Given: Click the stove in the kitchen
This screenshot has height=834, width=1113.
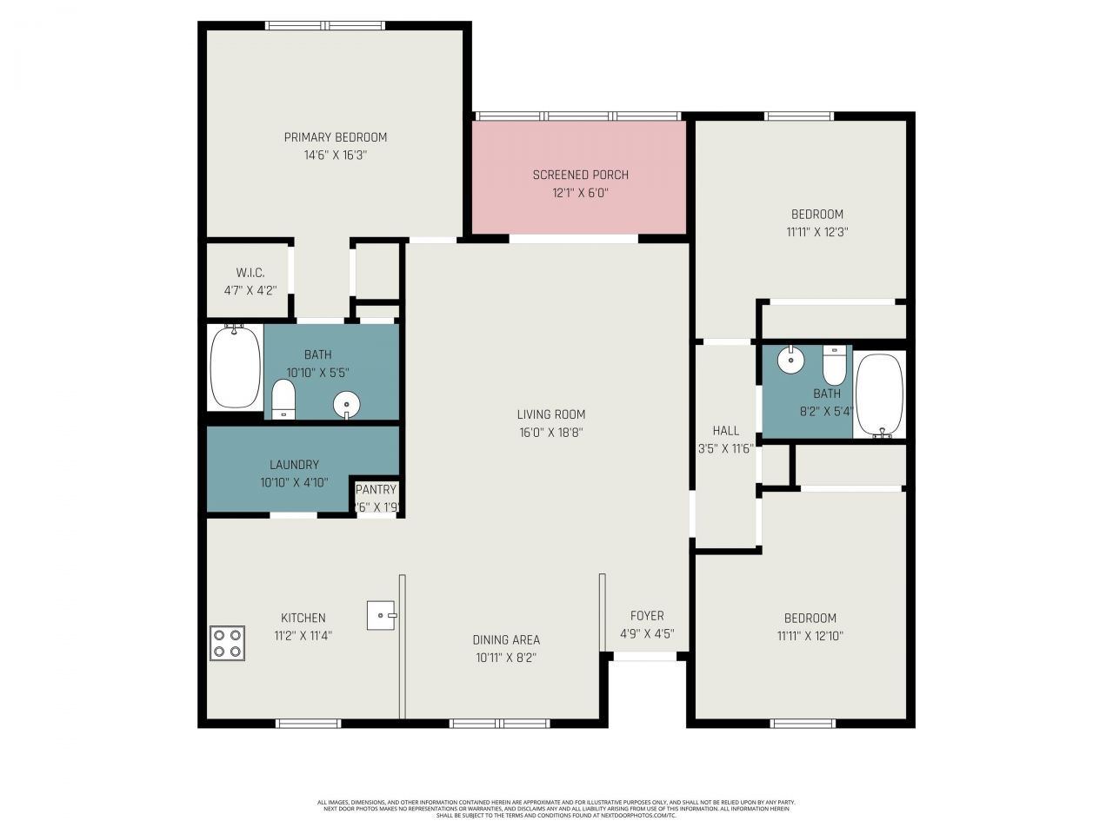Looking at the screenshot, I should pos(227,643).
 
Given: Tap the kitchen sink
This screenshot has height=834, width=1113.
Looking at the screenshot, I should pos(381,615).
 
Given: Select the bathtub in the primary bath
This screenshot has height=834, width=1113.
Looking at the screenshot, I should pos(236,367).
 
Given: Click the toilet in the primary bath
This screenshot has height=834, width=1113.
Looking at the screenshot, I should pos(283,400).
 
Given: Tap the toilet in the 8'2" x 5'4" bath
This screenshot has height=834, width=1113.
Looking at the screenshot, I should pos(834,366).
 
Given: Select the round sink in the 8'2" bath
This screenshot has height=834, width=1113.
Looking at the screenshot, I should pos(790,360).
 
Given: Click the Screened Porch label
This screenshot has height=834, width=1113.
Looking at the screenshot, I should pos(581,175).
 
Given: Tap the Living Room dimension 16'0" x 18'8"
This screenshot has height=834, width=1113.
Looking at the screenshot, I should pos(551,433).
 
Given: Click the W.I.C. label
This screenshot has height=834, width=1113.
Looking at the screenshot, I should pos(250,273).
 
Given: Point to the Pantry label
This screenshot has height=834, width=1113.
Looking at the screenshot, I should pos(376,490).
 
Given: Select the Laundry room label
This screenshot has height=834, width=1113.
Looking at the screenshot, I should pos(294,465).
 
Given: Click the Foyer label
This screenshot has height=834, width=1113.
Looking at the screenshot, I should pos(647,615).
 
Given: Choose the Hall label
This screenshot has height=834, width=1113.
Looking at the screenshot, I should pos(726,430).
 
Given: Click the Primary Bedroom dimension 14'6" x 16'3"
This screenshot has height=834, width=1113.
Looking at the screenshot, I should pos(336,156).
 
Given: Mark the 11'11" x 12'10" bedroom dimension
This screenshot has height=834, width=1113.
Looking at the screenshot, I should pos(810,636).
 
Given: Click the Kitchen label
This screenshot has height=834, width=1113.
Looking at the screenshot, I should pos(303,618).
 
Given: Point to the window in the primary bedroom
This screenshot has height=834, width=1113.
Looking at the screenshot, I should pos(325,26).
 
